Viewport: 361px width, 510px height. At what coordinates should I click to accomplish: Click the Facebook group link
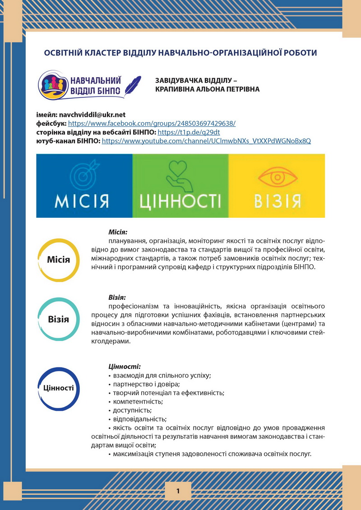[152, 123]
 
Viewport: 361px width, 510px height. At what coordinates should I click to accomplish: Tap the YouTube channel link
[206, 141]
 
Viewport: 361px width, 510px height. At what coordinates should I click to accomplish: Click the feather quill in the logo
[132, 83]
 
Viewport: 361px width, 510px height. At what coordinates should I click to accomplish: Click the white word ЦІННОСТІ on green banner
[180, 201]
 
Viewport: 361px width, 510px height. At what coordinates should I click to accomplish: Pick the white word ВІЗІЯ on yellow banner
[276, 202]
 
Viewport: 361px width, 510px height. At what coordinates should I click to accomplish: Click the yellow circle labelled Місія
[59, 260]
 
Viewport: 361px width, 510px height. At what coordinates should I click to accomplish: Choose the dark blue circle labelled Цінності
[59, 387]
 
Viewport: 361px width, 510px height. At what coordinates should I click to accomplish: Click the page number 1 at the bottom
[178, 491]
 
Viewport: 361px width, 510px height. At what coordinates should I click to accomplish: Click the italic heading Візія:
[117, 298]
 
